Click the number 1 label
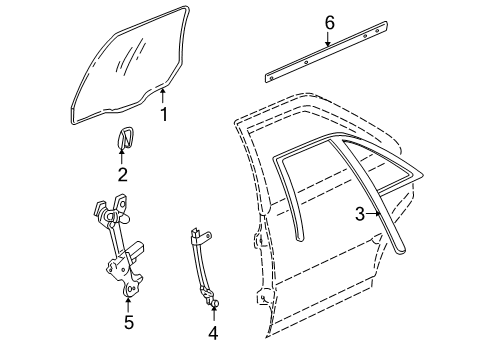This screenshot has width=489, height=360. pos(164,114)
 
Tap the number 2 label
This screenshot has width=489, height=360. pos(122,174)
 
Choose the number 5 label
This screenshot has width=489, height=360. pos(128,321)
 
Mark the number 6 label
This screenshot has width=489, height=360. pos(329,22)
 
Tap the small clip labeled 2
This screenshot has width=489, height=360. pos(123,139)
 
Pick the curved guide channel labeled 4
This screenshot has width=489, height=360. pos(200,265)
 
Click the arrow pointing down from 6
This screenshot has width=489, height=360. pos(329,40)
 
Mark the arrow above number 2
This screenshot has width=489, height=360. pos(122,156)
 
